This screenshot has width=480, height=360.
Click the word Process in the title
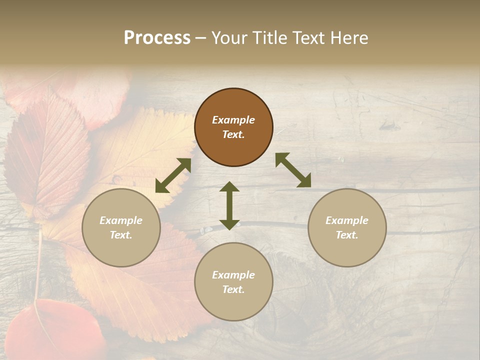click(x=157, y=38)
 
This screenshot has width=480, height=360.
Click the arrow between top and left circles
click(x=173, y=175)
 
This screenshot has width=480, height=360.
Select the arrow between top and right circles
click(x=293, y=170)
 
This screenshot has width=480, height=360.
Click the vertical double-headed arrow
click(x=229, y=205)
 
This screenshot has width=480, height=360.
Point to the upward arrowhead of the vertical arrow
click(x=229, y=187)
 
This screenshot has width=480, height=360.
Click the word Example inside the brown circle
click(x=233, y=120)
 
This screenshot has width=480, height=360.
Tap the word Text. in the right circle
click(x=347, y=235)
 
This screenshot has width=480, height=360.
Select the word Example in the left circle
click(x=121, y=220)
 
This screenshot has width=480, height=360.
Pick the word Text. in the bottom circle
click(x=233, y=289)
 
